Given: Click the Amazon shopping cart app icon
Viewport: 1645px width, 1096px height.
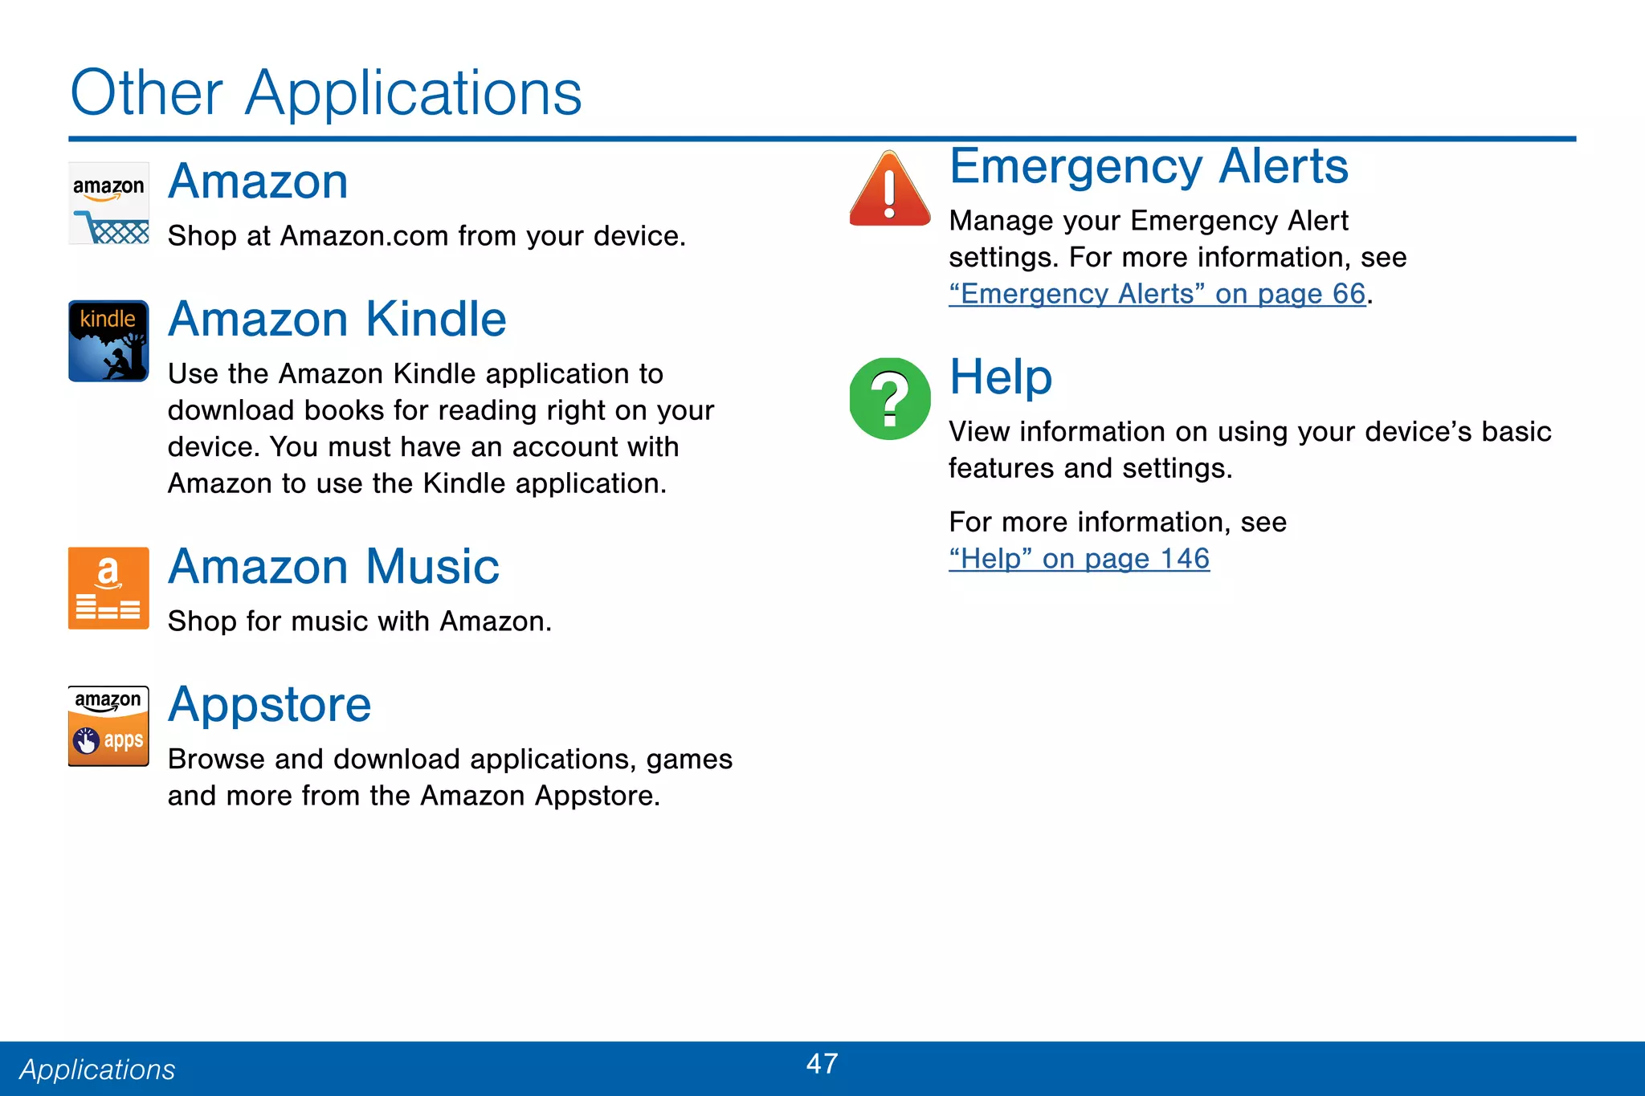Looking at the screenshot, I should point(108,203).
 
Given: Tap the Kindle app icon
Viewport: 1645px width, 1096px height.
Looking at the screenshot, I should point(108,340).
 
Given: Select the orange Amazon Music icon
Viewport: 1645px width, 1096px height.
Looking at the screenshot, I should point(108,588).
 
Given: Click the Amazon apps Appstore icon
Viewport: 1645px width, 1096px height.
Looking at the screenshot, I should point(108,726).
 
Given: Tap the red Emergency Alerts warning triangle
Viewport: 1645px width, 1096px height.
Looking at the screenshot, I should point(890,190).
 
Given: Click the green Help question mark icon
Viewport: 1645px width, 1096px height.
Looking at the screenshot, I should point(890,398).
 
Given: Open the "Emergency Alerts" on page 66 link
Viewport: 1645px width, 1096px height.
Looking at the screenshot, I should point(1157,294).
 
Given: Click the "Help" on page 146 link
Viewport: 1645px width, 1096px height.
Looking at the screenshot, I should point(1079,559).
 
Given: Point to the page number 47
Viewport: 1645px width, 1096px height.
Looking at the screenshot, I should point(822,1064).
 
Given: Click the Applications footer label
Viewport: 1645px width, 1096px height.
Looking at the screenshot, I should point(97,1070).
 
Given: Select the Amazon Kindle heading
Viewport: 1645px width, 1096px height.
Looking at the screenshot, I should point(337,319).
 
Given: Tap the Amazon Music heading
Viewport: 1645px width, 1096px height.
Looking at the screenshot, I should point(333,566).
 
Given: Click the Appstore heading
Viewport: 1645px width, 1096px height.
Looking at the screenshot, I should point(270,704).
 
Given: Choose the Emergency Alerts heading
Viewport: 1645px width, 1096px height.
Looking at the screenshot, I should point(1149,166).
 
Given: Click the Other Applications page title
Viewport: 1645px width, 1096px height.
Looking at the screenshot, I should point(326,93).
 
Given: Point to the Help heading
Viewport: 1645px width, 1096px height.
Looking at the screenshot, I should point(1001,377).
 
